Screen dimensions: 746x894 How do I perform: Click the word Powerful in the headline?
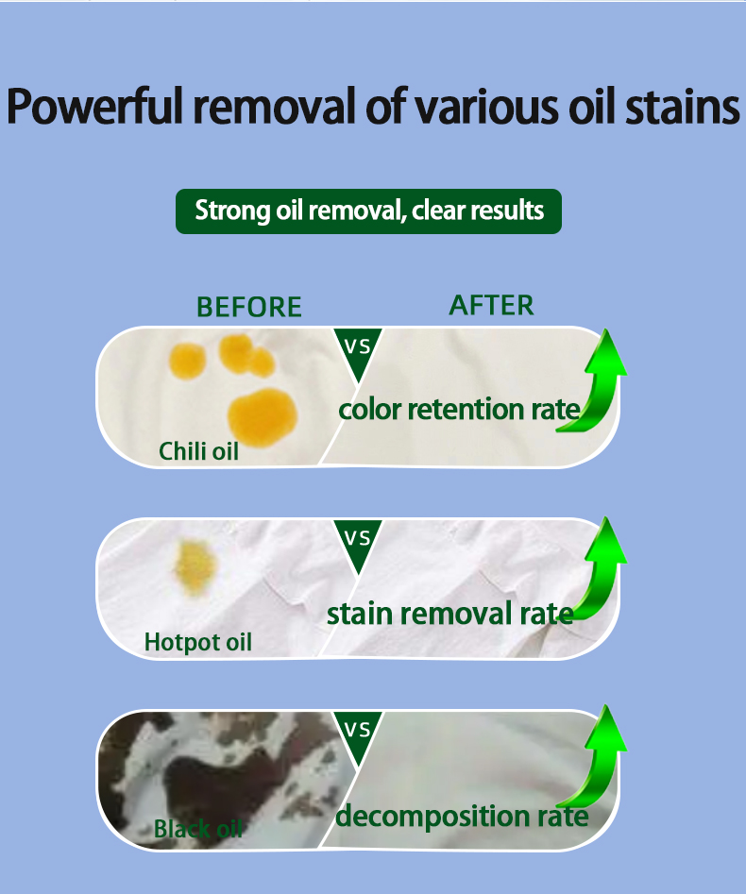95,106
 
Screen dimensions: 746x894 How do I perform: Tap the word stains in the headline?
683,106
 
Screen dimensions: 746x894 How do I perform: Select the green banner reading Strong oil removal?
368,211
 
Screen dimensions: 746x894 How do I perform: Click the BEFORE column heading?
249,307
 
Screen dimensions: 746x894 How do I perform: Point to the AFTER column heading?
492,305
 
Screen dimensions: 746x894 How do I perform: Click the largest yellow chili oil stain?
263,417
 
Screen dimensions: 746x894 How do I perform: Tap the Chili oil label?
198,451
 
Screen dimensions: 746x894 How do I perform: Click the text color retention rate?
459,410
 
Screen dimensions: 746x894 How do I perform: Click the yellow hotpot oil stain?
195,567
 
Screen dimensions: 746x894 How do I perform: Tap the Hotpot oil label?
198,642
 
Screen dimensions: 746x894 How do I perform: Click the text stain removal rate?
450,614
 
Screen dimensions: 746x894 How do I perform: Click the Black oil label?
198,829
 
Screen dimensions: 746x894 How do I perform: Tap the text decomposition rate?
462,817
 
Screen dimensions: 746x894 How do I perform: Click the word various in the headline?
486,106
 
